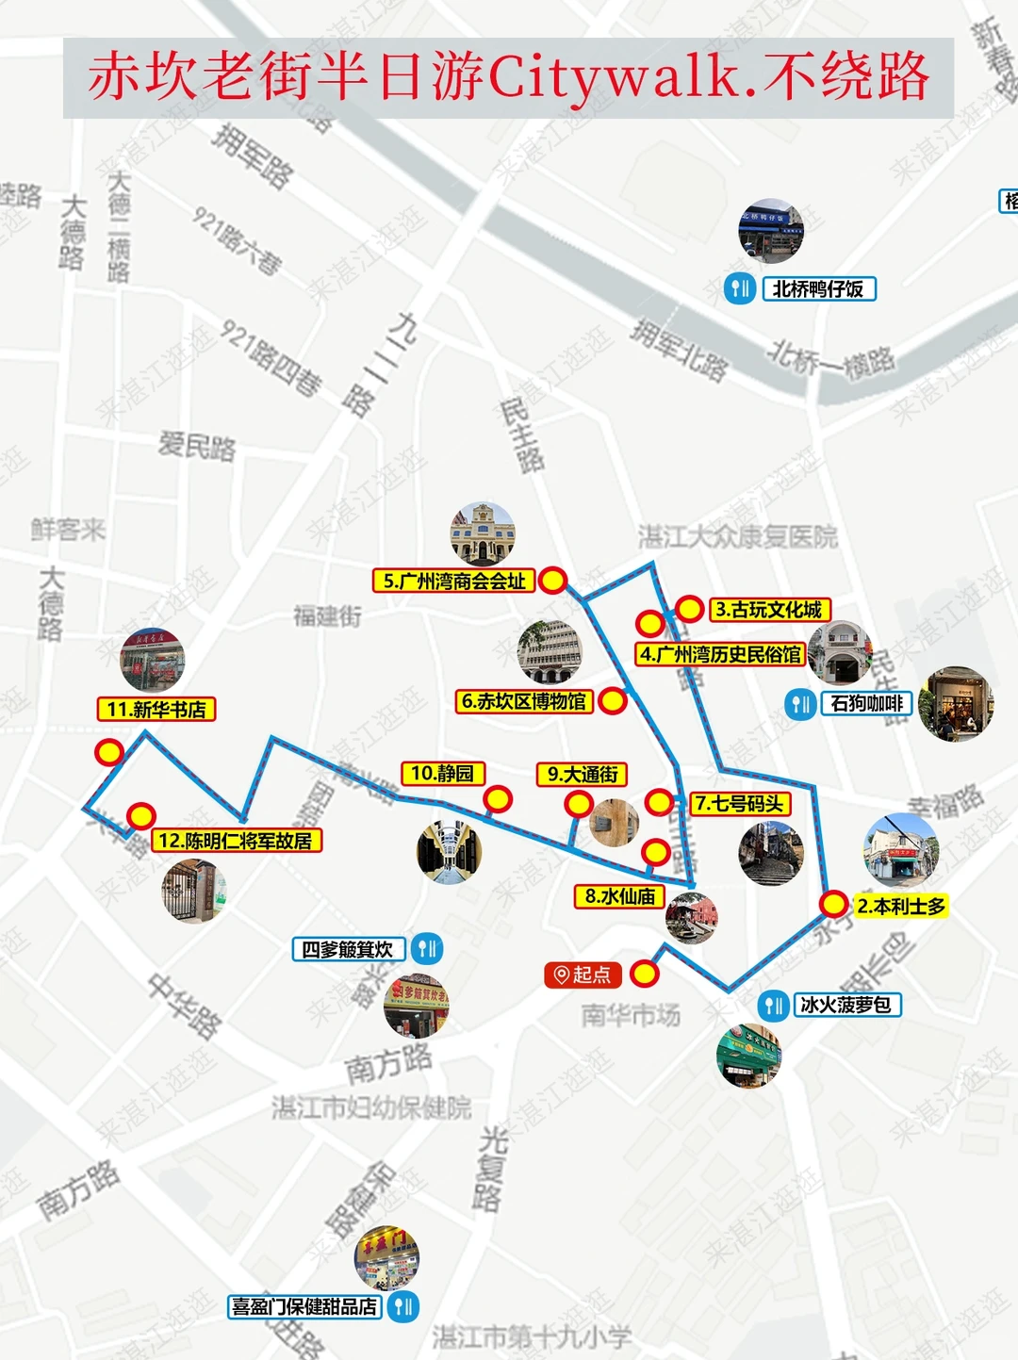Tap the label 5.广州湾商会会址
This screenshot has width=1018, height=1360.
coord(454,582)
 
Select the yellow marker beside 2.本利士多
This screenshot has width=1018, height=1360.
coord(833,904)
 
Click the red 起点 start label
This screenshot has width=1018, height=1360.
coord(583,975)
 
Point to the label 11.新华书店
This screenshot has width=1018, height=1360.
coord(156,710)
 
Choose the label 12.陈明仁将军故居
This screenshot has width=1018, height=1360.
coord(236,841)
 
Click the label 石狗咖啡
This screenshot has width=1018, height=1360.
coord(866,703)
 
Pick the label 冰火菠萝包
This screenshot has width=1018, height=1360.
coord(846,1006)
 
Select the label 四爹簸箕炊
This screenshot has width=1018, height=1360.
coord(348,949)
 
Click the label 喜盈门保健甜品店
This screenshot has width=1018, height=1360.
coord(304,1307)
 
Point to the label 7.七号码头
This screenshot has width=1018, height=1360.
coord(740,804)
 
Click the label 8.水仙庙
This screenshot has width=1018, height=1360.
coord(619,896)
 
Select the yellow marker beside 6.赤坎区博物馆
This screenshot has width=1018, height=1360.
coord(613,700)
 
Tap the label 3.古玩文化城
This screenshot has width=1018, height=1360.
coord(768,610)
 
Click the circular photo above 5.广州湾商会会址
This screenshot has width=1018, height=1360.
coord(483,534)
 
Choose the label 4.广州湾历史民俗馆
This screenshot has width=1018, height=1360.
coord(721,654)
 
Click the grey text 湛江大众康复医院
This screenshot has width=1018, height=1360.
coord(737,537)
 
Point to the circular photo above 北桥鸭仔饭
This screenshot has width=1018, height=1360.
coord(771,232)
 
